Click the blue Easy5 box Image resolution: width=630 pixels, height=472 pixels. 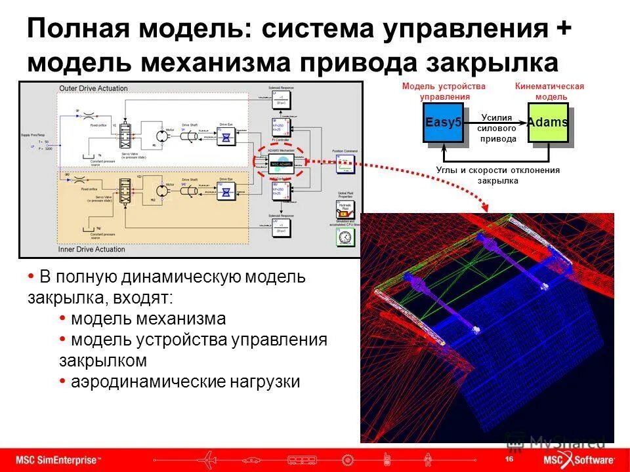444,123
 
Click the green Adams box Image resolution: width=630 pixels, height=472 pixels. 547,123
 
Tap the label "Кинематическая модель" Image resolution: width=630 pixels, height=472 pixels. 549,92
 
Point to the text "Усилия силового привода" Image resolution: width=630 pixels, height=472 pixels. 497,128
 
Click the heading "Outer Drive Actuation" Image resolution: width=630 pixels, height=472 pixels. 93,88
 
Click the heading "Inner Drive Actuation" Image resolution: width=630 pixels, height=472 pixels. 93,248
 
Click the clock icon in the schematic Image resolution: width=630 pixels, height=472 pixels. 343,238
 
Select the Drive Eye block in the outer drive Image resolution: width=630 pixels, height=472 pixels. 226,137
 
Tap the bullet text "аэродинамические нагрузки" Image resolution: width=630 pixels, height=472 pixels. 185,382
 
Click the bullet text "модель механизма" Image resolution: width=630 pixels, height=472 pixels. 148,319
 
